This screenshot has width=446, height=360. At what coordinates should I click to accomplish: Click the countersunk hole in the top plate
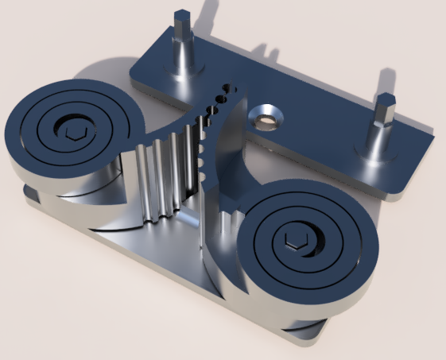[266, 120]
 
